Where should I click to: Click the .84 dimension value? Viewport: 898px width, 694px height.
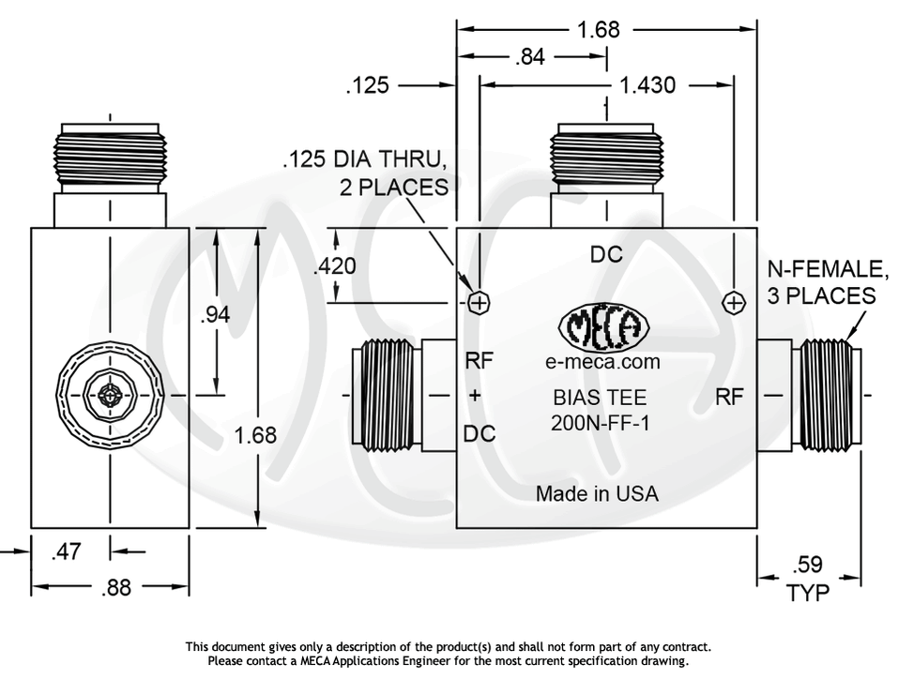coord(531,58)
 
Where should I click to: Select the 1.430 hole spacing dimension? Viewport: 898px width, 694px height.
coord(647,85)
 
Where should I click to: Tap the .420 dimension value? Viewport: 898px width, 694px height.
coord(335,266)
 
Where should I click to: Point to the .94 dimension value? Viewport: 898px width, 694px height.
coord(215,314)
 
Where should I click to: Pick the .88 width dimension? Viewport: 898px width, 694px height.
coord(116,588)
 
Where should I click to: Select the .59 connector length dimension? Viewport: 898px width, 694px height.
coord(808,565)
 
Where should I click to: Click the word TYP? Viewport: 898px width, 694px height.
coord(808,593)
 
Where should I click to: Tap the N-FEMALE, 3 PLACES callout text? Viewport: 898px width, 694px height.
coord(827,282)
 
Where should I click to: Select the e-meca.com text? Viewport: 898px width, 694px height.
coord(602,362)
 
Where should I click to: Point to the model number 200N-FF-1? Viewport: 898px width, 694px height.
coord(601,423)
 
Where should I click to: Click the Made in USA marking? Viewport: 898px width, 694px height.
coord(597,493)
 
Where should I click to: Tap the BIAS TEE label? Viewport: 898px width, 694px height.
coord(600,397)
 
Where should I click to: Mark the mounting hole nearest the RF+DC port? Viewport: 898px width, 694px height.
coord(479,303)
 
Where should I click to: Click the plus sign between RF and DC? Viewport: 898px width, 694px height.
coord(475,396)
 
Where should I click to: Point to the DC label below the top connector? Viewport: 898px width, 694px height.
coord(606,254)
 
